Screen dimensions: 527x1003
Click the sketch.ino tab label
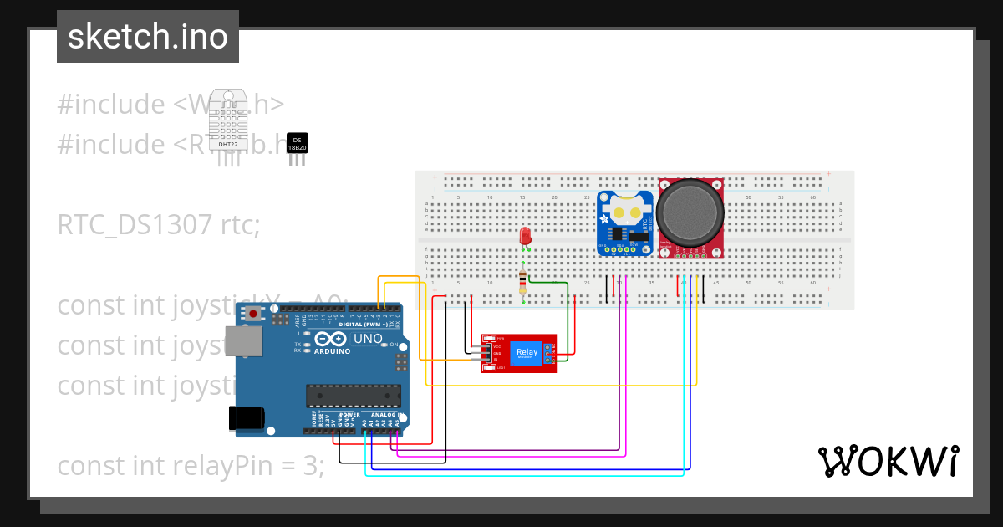[x=148, y=37]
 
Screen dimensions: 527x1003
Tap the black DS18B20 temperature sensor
[x=297, y=145]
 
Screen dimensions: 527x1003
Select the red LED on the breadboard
[x=526, y=237]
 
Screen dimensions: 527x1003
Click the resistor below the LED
[x=523, y=282]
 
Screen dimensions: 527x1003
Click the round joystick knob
[x=690, y=212]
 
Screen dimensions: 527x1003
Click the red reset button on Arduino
[x=253, y=314]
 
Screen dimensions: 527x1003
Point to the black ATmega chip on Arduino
[x=353, y=395]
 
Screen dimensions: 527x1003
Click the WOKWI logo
[x=888, y=461]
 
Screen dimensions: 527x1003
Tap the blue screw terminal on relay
[x=548, y=354]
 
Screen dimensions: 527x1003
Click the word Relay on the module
[x=527, y=352]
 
